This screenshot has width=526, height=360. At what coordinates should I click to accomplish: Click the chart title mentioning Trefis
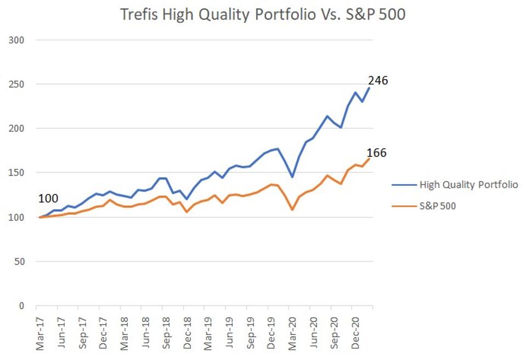tap(263, 15)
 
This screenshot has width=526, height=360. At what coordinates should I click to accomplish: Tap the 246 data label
tap(377, 81)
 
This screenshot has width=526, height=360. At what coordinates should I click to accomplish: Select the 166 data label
tap(376, 153)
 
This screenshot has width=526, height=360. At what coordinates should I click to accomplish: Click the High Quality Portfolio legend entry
tap(468, 184)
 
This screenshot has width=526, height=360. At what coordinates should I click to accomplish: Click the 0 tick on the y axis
tap(21, 306)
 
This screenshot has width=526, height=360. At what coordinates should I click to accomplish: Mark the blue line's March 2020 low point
tap(292, 177)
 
